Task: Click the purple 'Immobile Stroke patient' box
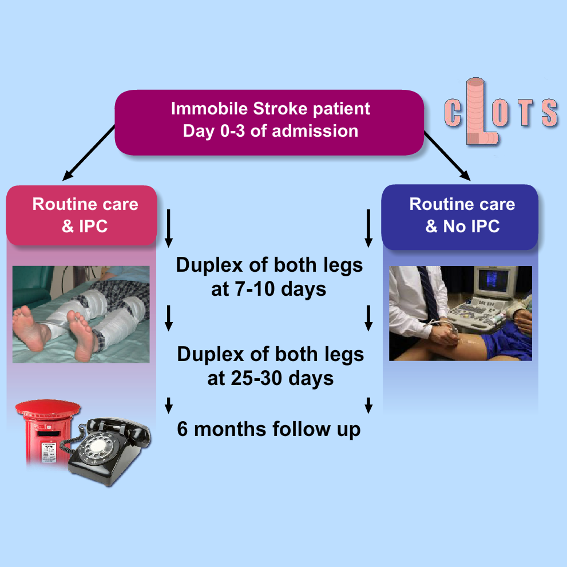269,122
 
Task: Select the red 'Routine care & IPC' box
82,216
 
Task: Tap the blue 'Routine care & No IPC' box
460,217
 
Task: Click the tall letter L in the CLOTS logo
477,112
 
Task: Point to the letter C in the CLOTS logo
453,113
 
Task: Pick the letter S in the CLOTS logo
549,113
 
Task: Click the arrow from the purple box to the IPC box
89,153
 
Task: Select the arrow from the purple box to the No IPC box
447,156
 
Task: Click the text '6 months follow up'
269,429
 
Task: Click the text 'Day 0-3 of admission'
271,131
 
